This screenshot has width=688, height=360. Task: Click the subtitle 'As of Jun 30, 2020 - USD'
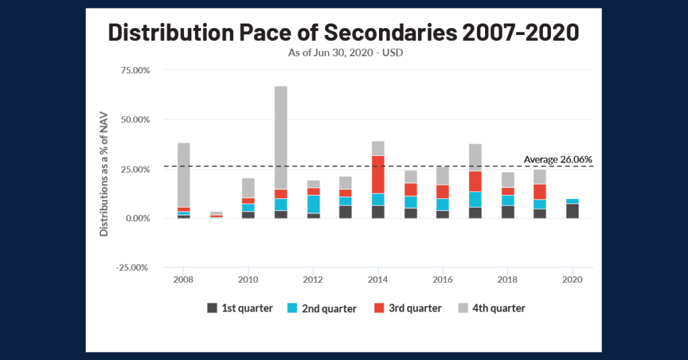point(343,53)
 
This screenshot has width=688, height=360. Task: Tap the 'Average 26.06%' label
point(558,159)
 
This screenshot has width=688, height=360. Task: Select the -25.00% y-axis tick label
point(132,268)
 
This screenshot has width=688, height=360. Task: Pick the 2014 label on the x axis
point(378,279)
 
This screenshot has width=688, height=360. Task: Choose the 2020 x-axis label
point(572,279)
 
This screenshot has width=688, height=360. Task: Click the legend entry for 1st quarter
point(240,308)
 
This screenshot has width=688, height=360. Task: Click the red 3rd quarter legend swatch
point(380,308)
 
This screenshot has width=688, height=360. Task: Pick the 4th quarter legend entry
point(491,308)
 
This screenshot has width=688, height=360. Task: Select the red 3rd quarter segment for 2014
point(378,175)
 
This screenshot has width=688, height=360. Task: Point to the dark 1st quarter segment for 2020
point(572,212)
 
